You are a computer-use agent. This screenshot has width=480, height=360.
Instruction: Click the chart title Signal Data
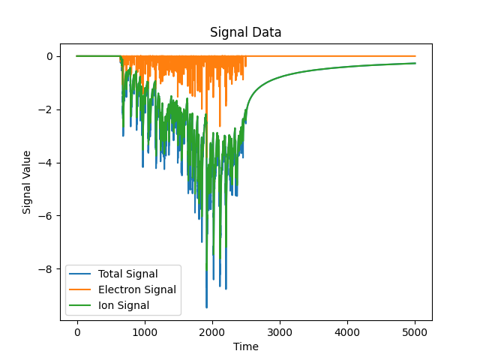(245, 32)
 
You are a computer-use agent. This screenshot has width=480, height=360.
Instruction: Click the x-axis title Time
(245, 346)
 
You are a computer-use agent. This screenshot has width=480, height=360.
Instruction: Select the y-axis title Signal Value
(27, 182)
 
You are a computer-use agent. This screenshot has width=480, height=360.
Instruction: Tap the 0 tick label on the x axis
(77, 331)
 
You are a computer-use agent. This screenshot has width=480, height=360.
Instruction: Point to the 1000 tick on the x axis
(145, 331)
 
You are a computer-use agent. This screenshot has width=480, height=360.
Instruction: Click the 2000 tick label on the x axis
(212, 331)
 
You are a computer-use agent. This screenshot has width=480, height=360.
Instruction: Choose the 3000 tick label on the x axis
(280, 331)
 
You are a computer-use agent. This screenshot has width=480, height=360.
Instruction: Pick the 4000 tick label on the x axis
(347, 331)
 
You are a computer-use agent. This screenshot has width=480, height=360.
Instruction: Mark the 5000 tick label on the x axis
(415, 331)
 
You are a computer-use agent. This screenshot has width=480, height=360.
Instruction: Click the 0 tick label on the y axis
(49, 56)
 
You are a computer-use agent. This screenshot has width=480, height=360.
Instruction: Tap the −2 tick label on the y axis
(46, 109)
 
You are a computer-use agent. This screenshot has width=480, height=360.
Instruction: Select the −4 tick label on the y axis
(46, 163)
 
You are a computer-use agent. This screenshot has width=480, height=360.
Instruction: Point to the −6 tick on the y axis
(46, 216)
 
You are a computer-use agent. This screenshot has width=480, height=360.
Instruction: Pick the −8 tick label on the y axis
(46, 269)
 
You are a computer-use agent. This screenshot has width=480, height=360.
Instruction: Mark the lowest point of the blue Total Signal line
(207, 307)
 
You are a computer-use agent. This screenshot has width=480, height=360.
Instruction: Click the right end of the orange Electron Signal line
(415, 56)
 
